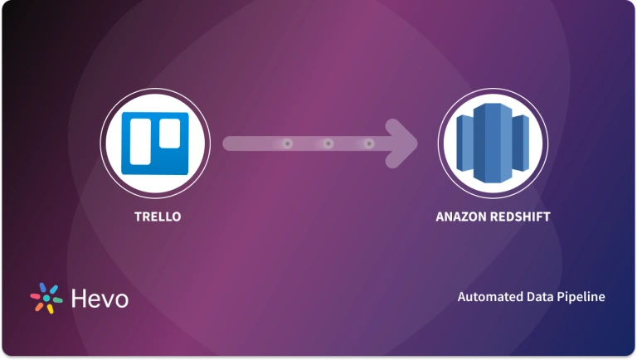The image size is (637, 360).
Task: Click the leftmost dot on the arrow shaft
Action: tap(287, 144)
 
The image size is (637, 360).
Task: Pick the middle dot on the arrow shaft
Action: tap(328, 144)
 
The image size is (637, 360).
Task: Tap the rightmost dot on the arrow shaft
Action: tap(368, 144)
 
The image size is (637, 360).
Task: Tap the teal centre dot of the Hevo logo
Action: tap(47, 299)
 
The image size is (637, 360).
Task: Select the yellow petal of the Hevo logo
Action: tap(50, 309)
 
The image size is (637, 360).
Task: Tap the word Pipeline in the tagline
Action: tap(581, 296)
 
